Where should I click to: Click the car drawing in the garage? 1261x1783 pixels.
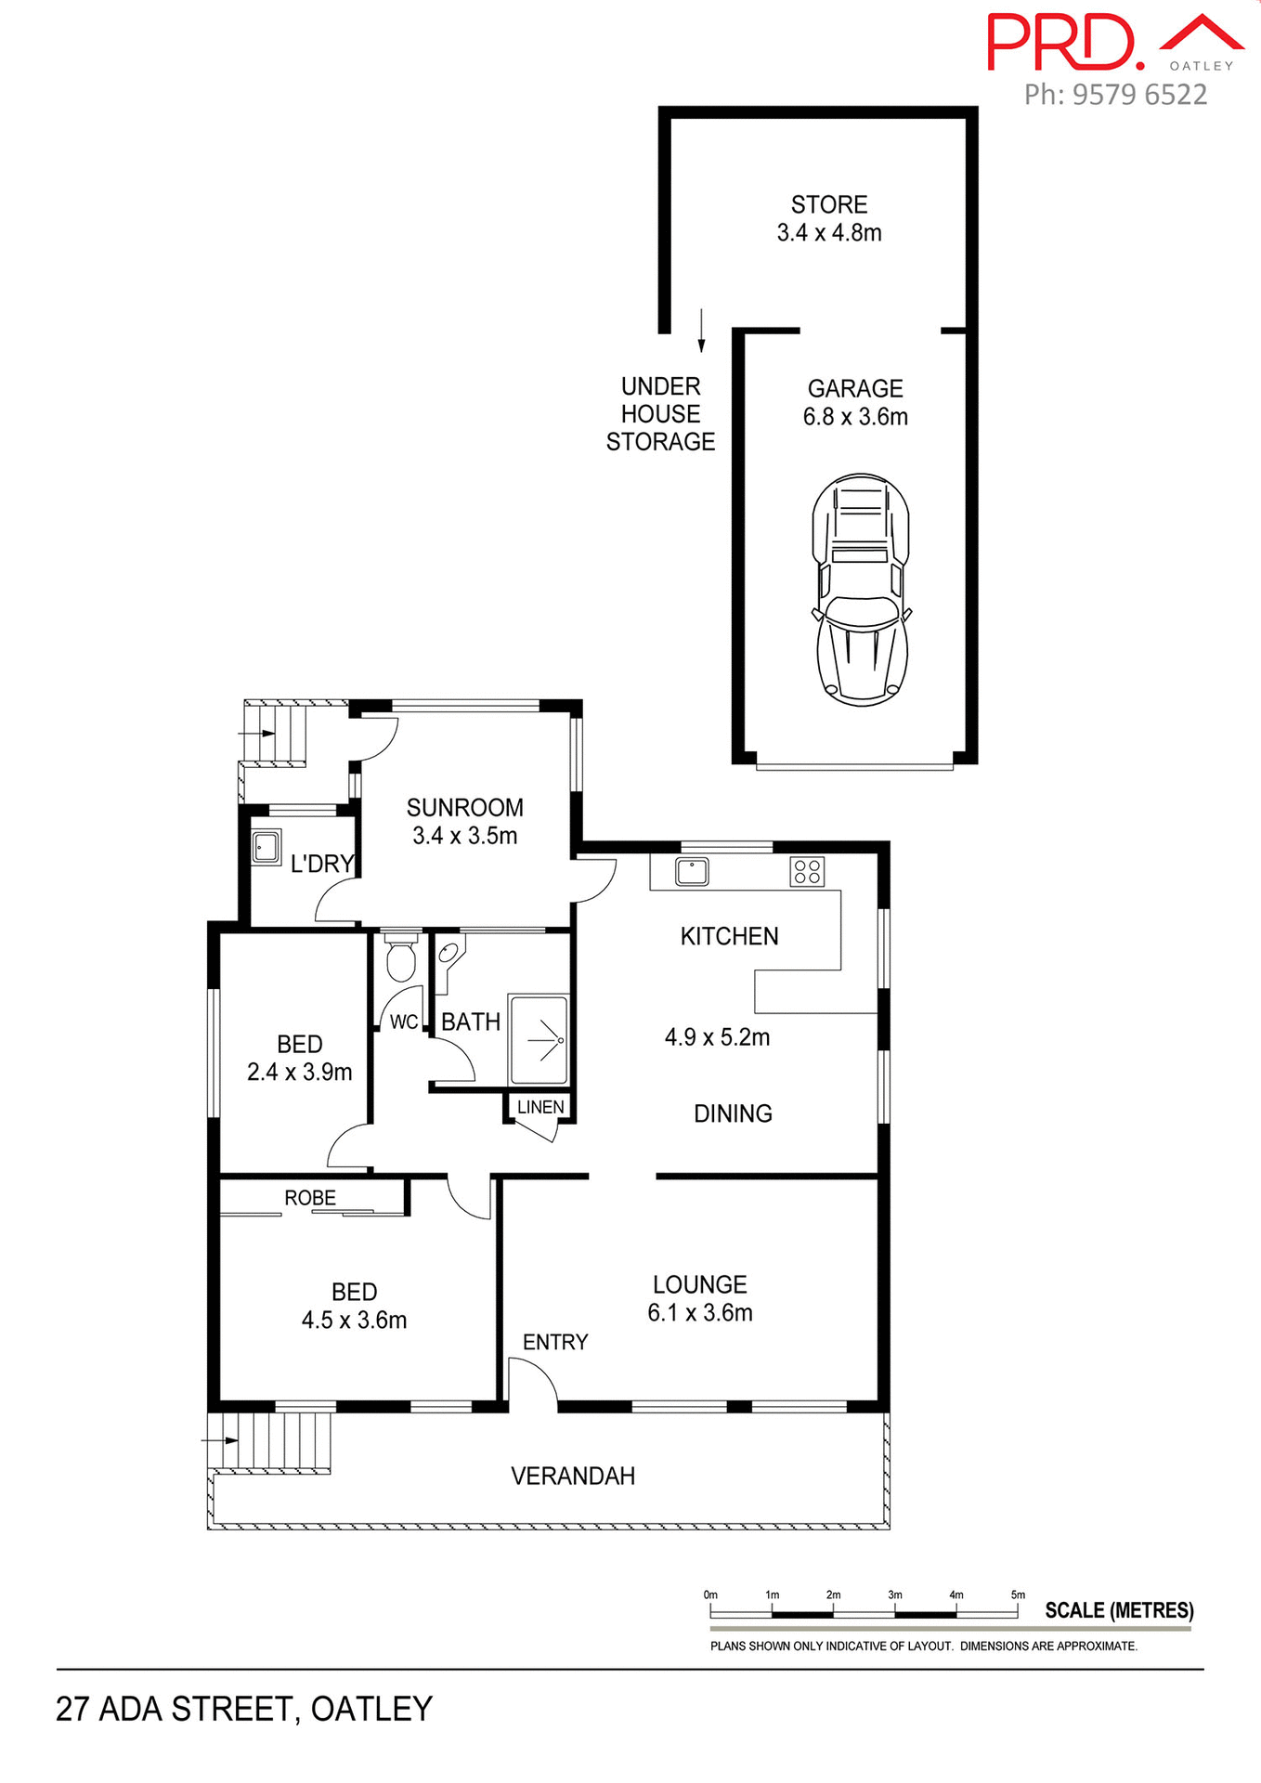(861, 590)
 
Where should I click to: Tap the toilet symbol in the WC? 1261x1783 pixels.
(401, 959)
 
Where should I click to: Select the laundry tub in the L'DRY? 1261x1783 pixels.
(266, 848)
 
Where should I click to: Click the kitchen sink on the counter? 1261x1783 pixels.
(692, 871)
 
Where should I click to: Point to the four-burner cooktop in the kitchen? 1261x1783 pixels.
(807, 871)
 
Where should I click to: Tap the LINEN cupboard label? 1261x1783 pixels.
(540, 1107)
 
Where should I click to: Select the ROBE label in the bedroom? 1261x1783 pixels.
(310, 1198)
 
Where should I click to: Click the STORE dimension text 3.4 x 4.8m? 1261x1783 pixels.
(829, 233)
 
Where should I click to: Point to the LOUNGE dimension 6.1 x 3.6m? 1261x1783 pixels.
(700, 1313)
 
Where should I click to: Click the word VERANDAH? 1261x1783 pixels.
(573, 1476)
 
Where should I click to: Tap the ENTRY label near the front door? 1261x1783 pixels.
(555, 1342)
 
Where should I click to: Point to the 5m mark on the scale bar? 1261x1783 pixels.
(1018, 1594)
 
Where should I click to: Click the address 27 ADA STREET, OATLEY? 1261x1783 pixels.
(244, 1709)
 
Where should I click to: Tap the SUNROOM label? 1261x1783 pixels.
(465, 807)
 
